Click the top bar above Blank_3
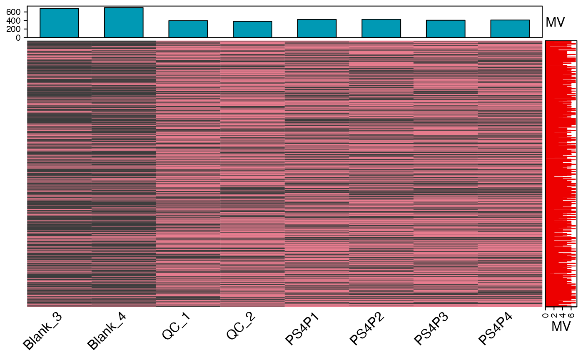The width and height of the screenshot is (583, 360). (x=59, y=23)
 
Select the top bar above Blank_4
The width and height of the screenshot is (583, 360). (x=124, y=22)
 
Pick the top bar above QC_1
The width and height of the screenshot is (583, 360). (x=188, y=29)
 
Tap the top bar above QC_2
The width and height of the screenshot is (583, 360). (x=252, y=29)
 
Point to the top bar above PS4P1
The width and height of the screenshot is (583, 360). (x=316, y=28)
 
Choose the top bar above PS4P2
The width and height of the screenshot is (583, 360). (x=381, y=28)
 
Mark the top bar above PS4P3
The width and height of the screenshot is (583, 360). (x=445, y=29)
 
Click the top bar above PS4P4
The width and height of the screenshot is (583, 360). (x=510, y=29)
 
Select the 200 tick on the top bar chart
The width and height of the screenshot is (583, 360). (x=17, y=29)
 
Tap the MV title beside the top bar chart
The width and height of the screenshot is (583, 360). (x=555, y=22)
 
